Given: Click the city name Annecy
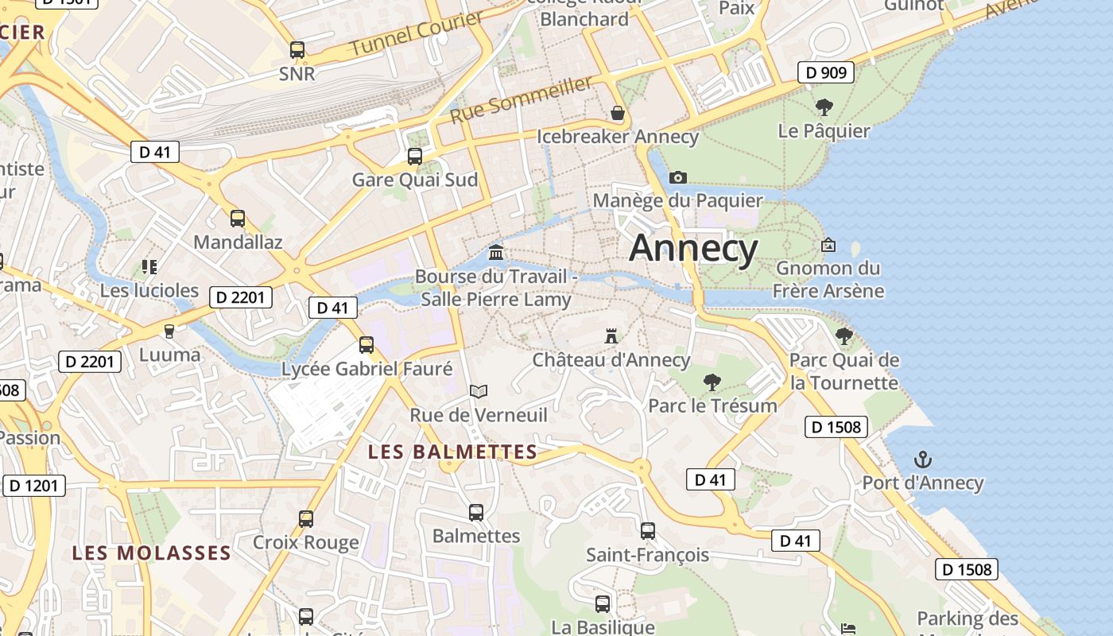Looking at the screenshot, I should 693,249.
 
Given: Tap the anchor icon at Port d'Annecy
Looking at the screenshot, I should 923,459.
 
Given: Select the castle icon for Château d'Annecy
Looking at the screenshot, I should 611,335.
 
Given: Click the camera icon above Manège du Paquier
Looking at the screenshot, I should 678,177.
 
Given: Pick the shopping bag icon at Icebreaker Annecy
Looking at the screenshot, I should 618,113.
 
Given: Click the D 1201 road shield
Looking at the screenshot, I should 34,485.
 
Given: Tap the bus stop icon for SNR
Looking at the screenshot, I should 297,49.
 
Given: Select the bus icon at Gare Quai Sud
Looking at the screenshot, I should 415,156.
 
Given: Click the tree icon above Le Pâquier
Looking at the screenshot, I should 824,107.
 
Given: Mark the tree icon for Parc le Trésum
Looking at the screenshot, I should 712,382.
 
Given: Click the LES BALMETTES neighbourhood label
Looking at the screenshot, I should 452,452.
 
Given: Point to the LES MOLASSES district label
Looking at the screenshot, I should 151,553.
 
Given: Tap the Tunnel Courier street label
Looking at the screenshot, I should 417,34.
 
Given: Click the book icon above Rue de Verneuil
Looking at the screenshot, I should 478,390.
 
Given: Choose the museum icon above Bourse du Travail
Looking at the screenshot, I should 496,253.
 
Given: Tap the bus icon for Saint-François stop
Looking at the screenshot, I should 648,530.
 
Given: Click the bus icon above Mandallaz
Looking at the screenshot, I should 238,218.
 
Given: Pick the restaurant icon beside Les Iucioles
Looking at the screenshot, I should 149,266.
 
